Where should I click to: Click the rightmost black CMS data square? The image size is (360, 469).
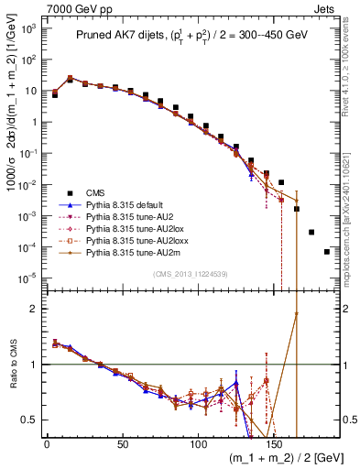point(327,252)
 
